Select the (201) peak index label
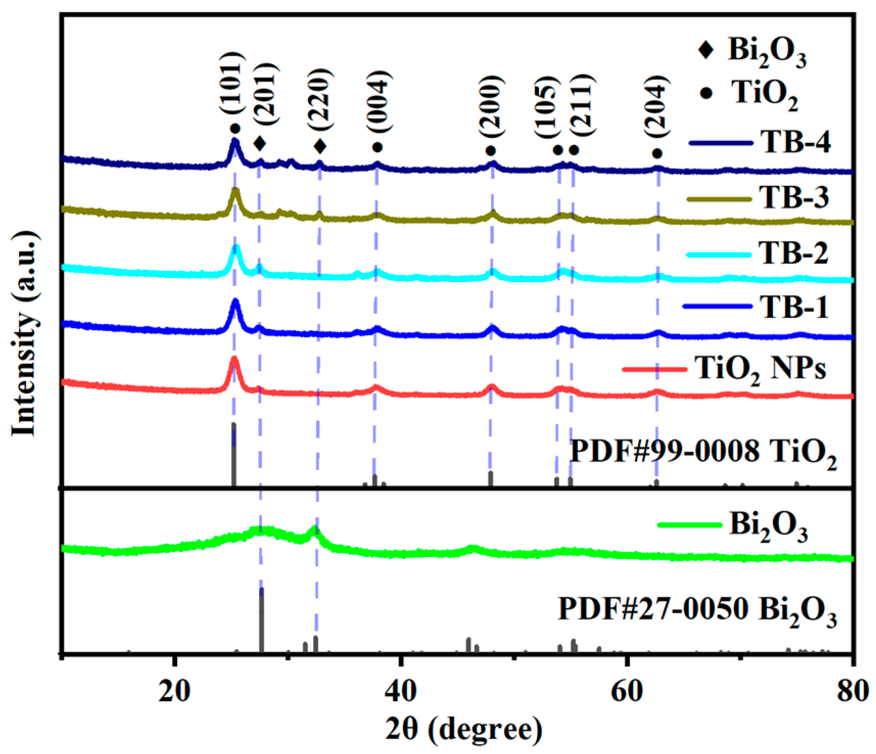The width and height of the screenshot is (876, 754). point(266,95)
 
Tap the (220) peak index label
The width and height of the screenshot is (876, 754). point(320,100)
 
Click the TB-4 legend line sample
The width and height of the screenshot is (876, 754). point(720,143)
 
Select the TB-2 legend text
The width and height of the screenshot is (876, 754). point(793,253)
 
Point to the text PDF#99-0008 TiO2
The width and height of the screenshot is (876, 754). point(703,452)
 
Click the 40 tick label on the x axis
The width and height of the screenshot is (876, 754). point(401,691)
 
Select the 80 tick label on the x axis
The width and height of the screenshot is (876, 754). point(851,691)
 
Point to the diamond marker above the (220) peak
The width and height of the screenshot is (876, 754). point(320,147)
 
